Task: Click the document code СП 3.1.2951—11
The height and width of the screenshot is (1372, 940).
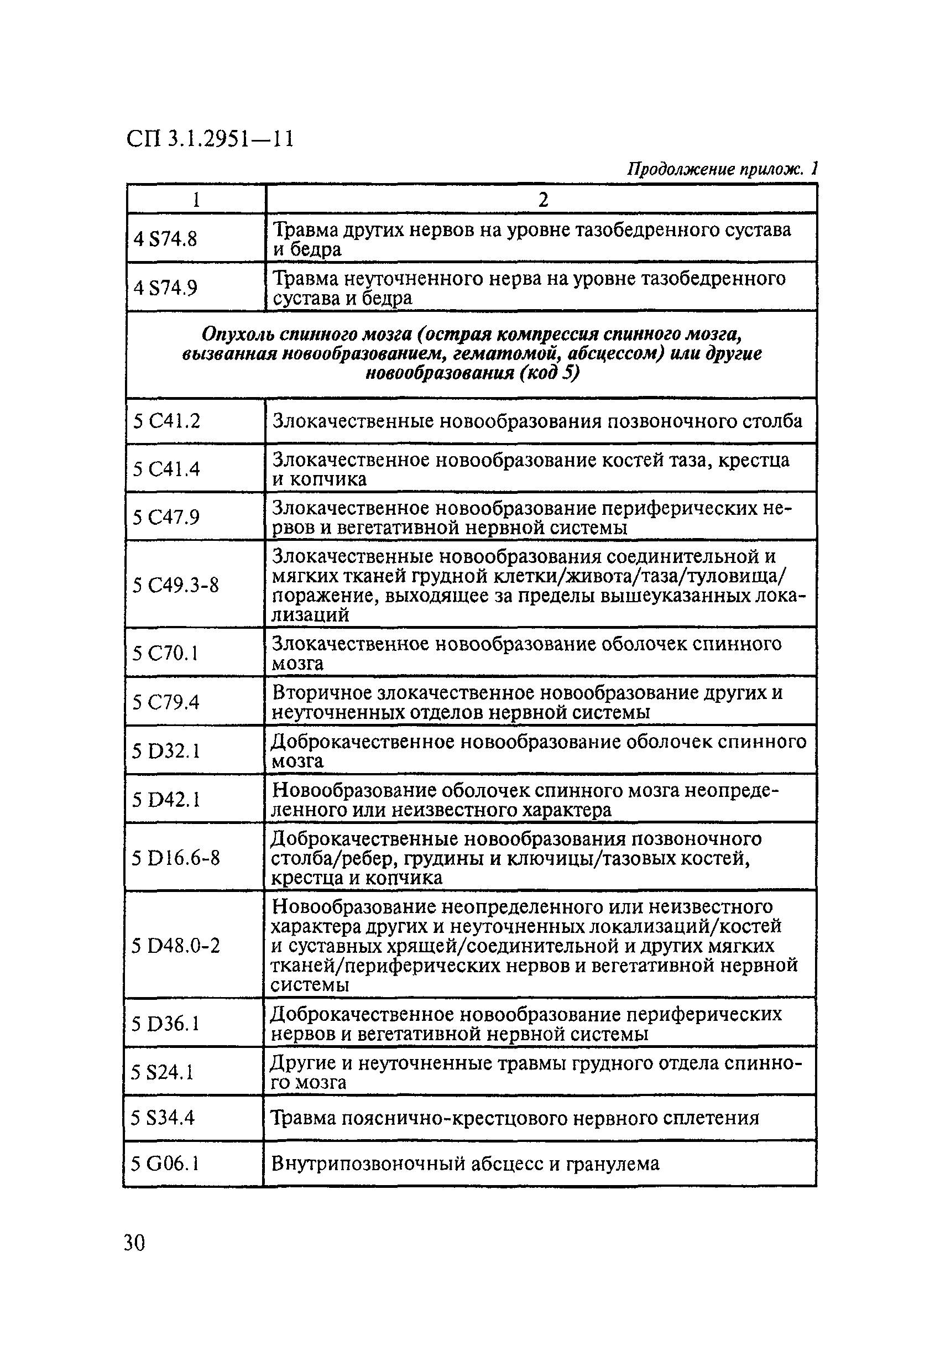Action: click(x=210, y=139)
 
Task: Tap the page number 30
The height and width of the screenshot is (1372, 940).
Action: click(x=134, y=1243)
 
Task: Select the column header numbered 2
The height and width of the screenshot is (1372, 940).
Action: click(x=542, y=200)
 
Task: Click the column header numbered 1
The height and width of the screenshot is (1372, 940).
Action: click(x=196, y=200)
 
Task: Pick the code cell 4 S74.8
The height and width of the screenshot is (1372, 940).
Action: click(x=165, y=239)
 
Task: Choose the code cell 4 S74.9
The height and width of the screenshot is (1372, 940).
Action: click(x=165, y=288)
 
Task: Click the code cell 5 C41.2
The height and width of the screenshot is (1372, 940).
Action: click(x=166, y=421)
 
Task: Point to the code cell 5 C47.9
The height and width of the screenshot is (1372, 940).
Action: click(x=166, y=517)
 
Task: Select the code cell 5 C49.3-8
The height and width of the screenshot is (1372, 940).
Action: click(x=175, y=585)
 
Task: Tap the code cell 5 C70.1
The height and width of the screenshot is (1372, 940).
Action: click(x=165, y=653)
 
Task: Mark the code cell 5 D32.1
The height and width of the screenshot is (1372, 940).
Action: click(x=166, y=751)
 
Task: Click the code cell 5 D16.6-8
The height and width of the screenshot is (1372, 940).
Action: click(x=175, y=857)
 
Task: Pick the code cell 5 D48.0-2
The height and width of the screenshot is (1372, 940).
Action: click(x=175, y=946)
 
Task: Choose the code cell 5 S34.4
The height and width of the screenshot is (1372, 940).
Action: click(x=163, y=1118)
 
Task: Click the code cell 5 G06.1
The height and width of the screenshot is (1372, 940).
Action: click(x=164, y=1164)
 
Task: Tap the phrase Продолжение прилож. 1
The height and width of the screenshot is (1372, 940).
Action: click(x=722, y=169)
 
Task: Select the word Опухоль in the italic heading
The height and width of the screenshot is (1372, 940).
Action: click(x=237, y=334)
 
